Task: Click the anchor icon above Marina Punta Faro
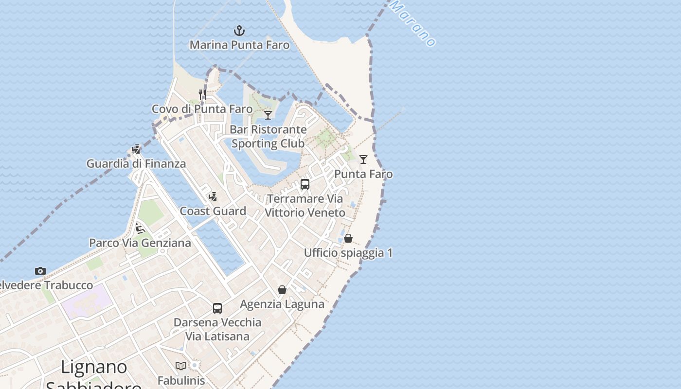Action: point(239,31)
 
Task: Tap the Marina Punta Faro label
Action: point(239,45)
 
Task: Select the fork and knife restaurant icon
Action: point(202,94)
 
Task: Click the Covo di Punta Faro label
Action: point(202,109)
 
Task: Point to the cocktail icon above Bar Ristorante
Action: point(268,115)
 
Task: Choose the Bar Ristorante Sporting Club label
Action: point(268,137)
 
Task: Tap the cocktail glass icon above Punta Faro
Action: point(363,159)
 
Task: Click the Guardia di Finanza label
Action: point(136,164)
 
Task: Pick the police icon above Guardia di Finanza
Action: point(136,149)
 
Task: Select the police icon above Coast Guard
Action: point(213,197)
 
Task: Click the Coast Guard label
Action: point(213,211)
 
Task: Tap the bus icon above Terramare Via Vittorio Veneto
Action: point(305,184)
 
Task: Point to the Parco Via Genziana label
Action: point(140,243)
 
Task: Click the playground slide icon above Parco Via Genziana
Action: point(140,228)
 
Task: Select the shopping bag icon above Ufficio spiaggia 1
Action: point(348,238)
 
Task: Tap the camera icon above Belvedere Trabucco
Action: point(40,271)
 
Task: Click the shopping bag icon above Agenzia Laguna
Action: point(282,290)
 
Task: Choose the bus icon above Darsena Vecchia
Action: point(217,308)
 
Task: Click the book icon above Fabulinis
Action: point(181,366)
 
